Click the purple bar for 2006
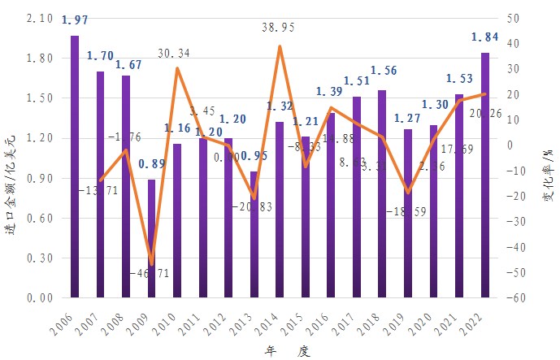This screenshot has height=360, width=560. pos(75,167)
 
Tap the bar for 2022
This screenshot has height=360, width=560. pos(485,175)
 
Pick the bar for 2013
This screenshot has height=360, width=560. pos(254,234)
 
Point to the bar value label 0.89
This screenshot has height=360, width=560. pos(151,164)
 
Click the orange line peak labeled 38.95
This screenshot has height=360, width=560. pos(280,46)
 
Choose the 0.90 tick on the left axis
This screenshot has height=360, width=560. pos(40,178)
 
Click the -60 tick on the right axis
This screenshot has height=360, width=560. pos(514,298)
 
